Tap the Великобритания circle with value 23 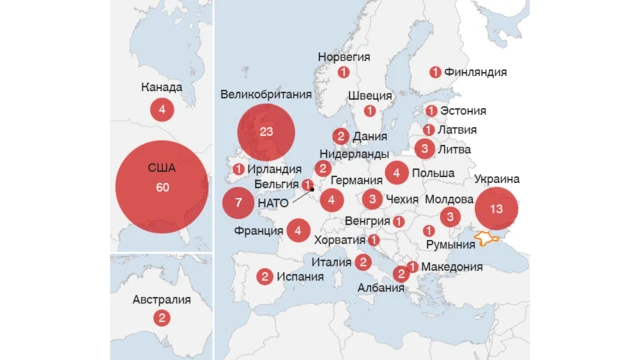coord(266,132)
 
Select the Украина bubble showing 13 coord(497,210)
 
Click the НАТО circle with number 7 coord(238,203)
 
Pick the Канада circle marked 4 coord(161,109)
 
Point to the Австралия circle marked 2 coord(161,318)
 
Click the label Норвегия coord(344,57)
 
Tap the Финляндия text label coord(475,72)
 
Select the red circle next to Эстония coord(431,111)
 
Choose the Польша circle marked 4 coord(397,173)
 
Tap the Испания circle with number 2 coord(265,277)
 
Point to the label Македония coord(452,267)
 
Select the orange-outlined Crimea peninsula coord(488,238)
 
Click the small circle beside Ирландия coord(238,170)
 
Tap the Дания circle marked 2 coord(341,136)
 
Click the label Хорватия coord(339,241)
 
